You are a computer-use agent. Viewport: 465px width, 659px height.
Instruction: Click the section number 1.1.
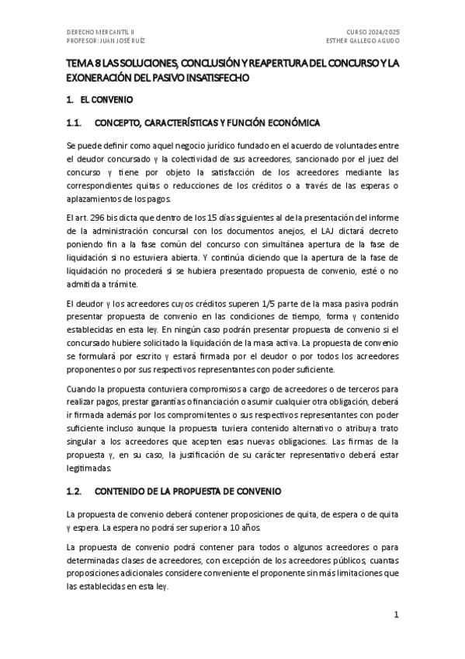(x=75, y=123)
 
